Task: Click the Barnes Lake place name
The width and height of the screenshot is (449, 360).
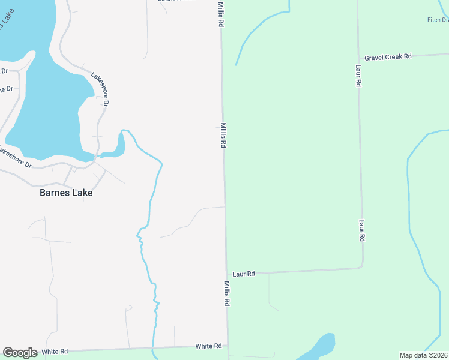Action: pos(66,193)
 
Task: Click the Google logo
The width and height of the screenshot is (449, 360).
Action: pos(20,352)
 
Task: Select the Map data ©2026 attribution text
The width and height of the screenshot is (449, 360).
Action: pos(423,355)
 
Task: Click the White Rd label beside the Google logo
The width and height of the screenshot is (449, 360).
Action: pos(55,351)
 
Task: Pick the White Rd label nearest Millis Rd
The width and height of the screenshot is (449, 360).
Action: pos(209,346)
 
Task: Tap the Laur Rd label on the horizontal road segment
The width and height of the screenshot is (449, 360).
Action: pos(244,274)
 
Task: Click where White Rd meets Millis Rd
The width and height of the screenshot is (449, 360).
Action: pos(228,346)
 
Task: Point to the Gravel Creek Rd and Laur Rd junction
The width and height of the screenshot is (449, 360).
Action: pos(358,58)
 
